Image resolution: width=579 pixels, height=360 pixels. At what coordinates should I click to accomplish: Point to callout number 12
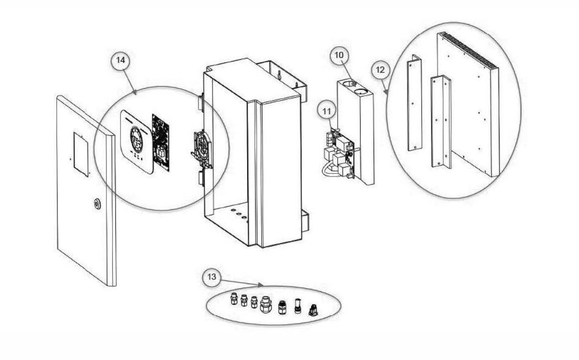pyautogui.click(x=380, y=71)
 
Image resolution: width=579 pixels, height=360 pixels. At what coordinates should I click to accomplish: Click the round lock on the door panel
pyautogui.click(x=96, y=204)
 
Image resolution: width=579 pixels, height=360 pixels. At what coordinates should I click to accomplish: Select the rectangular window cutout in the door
pyautogui.click(x=81, y=154)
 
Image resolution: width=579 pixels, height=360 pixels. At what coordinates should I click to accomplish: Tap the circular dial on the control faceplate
pyautogui.click(x=136, y=136)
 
